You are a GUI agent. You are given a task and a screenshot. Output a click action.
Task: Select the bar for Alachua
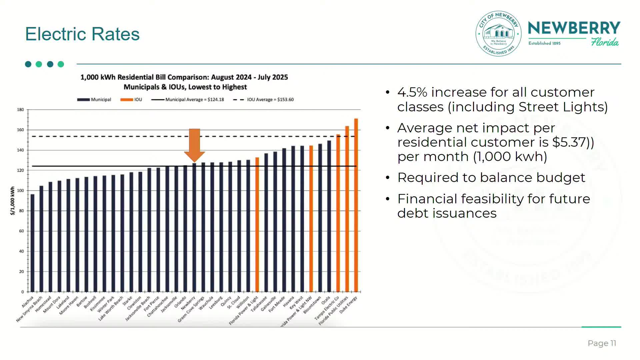tap(32, 243)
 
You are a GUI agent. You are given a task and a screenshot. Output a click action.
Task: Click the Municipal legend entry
tap(94, 100)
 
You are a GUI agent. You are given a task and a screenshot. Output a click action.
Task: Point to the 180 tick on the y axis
tap(21, 110)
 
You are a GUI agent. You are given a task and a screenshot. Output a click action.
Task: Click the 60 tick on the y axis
tap(21, 231)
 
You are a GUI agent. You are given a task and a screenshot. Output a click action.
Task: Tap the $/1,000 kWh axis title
tap(13, 201)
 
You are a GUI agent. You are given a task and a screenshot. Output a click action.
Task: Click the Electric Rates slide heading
tap(82, 34)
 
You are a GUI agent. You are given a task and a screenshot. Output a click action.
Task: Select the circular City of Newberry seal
tap(498, 33)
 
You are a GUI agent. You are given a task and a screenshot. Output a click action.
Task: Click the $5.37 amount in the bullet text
tap(569, 142)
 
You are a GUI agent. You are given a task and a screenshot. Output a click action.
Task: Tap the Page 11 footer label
tap(602, 343)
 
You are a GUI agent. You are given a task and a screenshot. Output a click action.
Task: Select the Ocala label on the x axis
tap(326, 300)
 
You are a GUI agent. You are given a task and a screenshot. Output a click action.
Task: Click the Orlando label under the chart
tap(180, 302)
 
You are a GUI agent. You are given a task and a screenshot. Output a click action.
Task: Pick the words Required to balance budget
tap(491, 178)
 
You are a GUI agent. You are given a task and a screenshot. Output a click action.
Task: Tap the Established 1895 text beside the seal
tap(544, 43)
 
